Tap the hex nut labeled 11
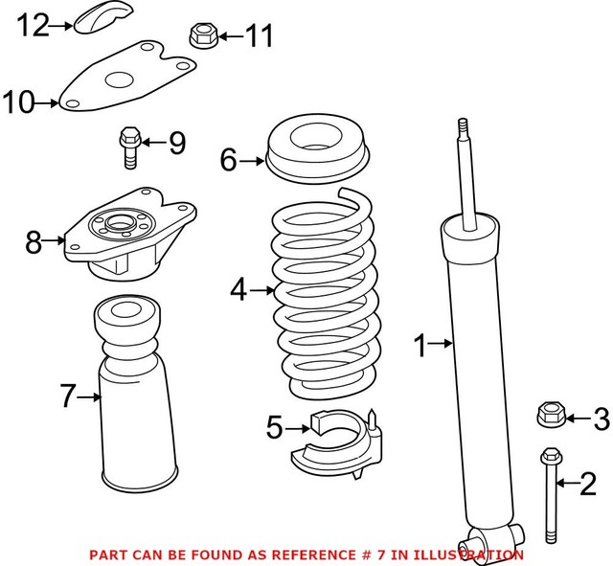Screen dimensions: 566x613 tap(200, 36)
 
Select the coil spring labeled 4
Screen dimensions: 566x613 tap(327, 297)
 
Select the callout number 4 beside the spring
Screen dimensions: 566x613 tap(238, 287)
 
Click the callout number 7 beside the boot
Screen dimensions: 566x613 tap(67, 394)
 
